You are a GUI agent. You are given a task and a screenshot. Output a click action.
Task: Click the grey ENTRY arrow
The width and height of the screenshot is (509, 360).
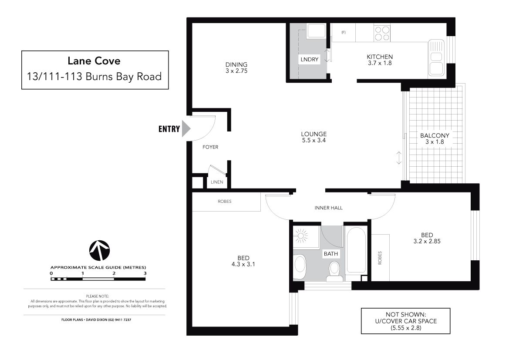point(185,129)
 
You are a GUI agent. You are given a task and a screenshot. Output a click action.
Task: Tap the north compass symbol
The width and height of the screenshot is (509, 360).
point(99,251)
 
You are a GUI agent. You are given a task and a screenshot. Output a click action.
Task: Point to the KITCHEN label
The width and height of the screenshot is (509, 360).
point(380,57)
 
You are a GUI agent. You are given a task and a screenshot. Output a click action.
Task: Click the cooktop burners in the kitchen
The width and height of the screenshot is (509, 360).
point(382,34)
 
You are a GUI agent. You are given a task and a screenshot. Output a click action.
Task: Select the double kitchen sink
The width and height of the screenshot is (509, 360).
point(436,58)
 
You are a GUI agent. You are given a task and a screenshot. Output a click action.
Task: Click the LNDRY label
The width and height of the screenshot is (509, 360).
point(309,59)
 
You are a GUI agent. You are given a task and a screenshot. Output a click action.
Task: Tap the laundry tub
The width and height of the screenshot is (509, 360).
point(316,31)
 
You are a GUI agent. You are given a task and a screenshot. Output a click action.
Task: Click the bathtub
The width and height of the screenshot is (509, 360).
point(357,250)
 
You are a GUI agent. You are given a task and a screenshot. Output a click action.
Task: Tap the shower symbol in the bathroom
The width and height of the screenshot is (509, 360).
point(301,236)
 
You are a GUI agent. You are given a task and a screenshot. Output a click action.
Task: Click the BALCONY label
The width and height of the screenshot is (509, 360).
point(435,135)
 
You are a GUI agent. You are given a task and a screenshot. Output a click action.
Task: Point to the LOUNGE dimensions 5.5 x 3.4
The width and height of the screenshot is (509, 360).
point(313,141)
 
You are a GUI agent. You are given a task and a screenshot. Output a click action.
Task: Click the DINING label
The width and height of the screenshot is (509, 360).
point(236,64)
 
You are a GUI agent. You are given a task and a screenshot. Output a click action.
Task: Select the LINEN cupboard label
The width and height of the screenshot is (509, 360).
point(217,182)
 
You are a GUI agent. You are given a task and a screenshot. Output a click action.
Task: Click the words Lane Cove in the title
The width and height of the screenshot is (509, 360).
point(94,61)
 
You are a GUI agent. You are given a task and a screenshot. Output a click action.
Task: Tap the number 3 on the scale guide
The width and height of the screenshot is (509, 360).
point(145,273)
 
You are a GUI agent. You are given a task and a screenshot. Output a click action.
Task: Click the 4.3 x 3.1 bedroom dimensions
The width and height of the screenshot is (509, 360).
point(243,264)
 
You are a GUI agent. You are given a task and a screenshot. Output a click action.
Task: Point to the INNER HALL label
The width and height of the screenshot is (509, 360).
point(328,208)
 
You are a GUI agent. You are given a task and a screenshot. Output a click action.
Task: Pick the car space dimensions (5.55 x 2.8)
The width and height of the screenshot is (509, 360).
point(406,328)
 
